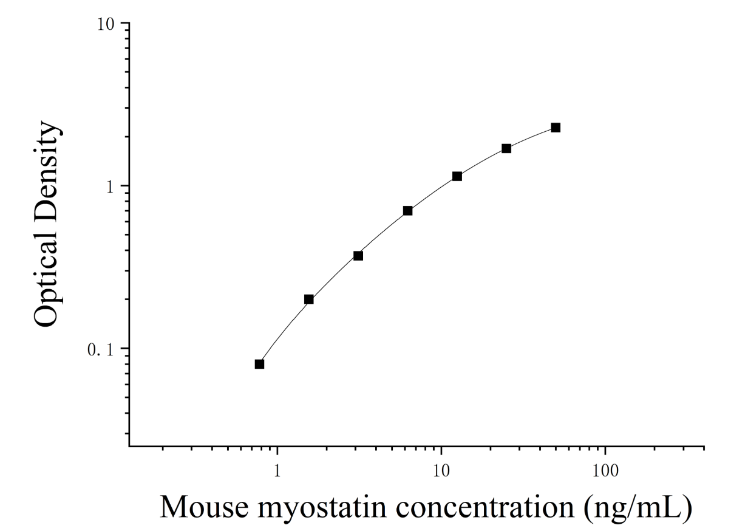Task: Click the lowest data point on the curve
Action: click(259, 364)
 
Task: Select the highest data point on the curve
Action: click(556, 128)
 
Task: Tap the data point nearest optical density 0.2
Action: click(309, 299)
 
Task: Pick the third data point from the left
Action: click(358, 256)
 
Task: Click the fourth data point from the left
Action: click(407, 211)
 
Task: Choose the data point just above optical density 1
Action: click(457, 176)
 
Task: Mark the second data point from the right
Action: click(506, 149)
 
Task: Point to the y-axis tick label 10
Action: click(106, 25)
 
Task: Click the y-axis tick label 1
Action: click(110, 187)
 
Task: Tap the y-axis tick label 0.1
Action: click(101, 350)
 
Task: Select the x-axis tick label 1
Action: click(277, 471)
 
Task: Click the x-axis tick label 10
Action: click(441, 471)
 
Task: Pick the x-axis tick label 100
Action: click(605, 471)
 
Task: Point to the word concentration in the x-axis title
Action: click(485, 507)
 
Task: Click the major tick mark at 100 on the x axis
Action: click(605, 450)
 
